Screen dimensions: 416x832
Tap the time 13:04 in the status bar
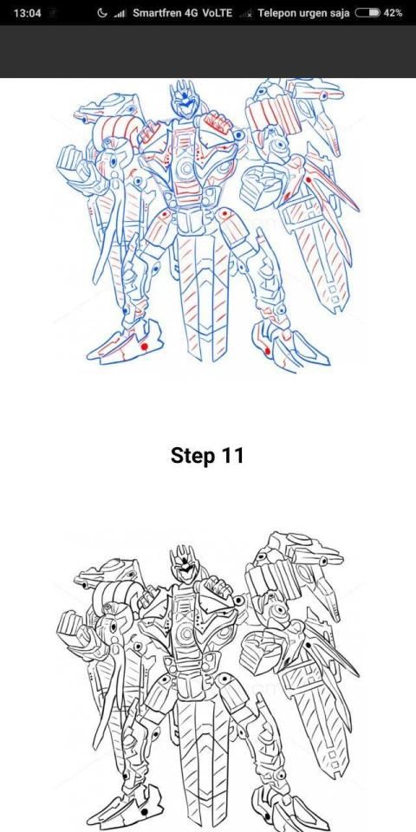pos(27,13)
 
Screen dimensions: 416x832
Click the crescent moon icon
pos(102,13)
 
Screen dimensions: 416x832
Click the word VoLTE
pos(217,13)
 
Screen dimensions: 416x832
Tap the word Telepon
pos(277,13)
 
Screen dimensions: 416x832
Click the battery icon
pos(367,13)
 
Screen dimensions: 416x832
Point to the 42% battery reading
pos(393,13)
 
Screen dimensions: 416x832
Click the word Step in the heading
pos(192,456)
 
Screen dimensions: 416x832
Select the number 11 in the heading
pos(232,455)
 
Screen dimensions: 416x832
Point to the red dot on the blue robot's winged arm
pos(309,180)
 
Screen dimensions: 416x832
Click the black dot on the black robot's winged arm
pos(308,645)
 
